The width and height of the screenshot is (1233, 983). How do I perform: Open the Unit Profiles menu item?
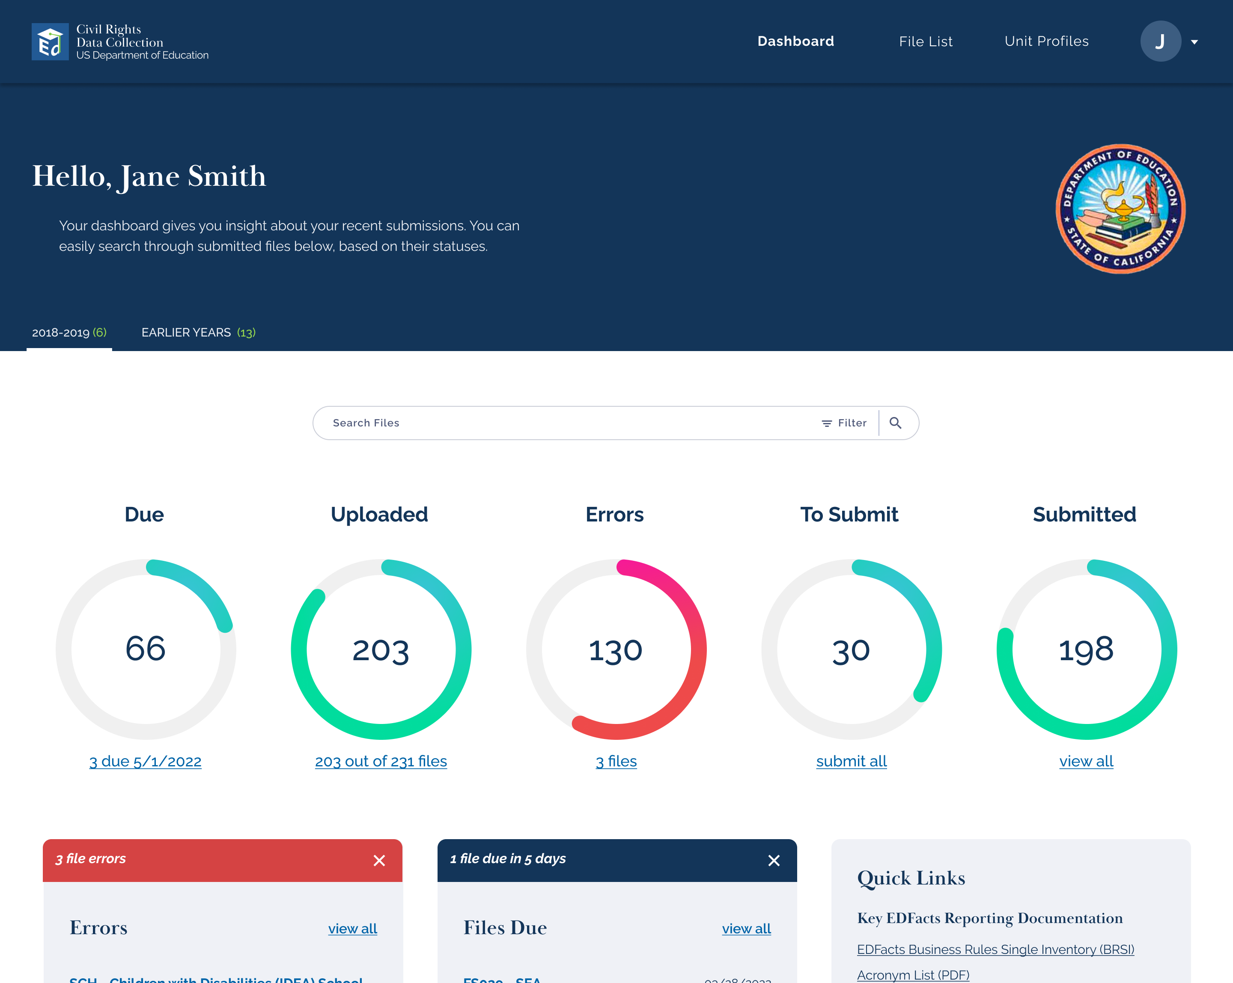tap(1046, 41)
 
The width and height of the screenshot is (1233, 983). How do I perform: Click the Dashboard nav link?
tap(795, 41)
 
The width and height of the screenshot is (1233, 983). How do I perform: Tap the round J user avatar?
tap(1160, 41)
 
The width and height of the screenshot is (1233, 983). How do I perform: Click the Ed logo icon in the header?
tap(50, 42)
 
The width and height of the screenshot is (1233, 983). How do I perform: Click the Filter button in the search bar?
tap(844, 423)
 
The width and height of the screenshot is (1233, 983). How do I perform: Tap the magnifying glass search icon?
tap(896, 423)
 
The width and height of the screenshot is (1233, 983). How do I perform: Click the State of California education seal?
tap(1120, 209)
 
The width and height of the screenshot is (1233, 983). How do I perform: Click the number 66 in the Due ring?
tap(145, 649)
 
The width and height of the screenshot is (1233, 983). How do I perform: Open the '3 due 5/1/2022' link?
tap(145, 762)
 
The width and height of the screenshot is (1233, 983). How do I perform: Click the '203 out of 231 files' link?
tap(381, 762)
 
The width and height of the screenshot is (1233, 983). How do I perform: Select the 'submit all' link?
tap(851, 762)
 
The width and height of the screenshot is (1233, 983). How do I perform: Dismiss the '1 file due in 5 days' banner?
tap(774, 861)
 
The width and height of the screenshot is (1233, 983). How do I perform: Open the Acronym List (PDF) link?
tap(913, 975)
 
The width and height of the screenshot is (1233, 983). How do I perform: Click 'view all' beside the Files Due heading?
tap(746, 929)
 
